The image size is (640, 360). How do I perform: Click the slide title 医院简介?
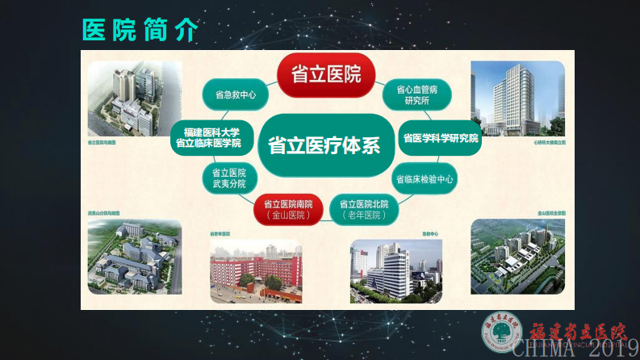click(140, 29)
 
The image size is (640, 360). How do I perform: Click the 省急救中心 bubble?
click(236, 95)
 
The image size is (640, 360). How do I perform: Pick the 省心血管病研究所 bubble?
click(417, 95)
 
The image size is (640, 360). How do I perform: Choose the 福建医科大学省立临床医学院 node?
click(212, 136)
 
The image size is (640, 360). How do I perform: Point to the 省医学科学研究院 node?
click(441, 138)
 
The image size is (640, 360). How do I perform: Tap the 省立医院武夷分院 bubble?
click(229, 178)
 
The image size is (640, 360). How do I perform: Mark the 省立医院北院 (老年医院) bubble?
click(364, 210)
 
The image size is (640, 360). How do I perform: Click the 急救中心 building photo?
click(394, 270)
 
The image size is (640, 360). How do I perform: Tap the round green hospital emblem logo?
click(501, 331)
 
